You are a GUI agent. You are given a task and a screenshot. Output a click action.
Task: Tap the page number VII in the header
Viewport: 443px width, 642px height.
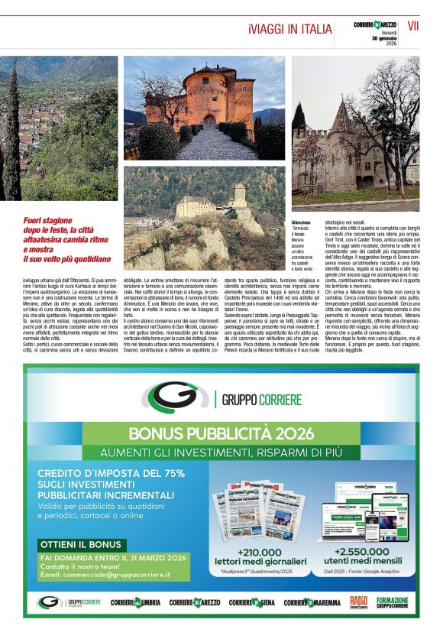[413, 26]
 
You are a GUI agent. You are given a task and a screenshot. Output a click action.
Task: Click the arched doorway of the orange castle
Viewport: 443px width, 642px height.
[209, 120]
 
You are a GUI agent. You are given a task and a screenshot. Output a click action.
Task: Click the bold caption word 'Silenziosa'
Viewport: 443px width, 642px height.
[302, 222]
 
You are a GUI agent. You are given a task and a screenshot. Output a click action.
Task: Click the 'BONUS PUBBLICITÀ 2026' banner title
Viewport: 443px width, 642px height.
[221, 433]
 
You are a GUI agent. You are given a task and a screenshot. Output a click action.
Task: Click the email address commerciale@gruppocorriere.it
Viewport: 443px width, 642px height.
[105, 574]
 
